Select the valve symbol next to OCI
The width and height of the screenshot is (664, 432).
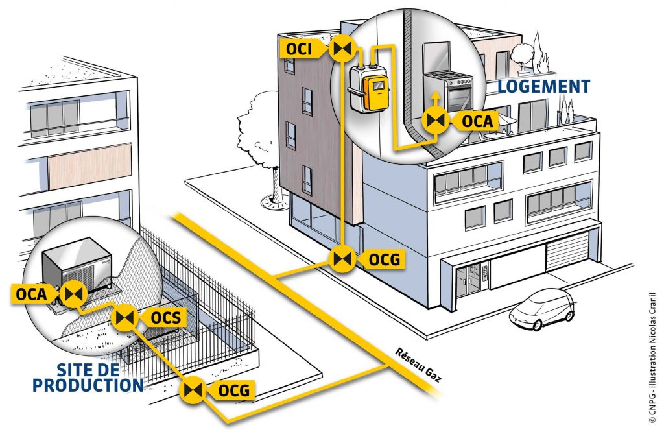tap(341, 49)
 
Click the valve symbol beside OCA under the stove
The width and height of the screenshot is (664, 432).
tap(435, 121)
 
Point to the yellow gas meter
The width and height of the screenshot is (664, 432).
tap(375, 93)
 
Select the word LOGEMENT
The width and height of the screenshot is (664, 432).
tap(544, 86)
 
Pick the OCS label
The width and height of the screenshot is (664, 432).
tap(164, 317)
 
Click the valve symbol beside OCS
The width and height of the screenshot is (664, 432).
tap(125, 317)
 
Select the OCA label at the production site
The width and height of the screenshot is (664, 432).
tap(33, 293)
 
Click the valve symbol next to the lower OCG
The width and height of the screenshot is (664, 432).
tap(193, 390)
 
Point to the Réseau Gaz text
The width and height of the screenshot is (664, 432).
tap(418, 365)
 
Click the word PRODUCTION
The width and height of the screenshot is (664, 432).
tap(88, 385)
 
